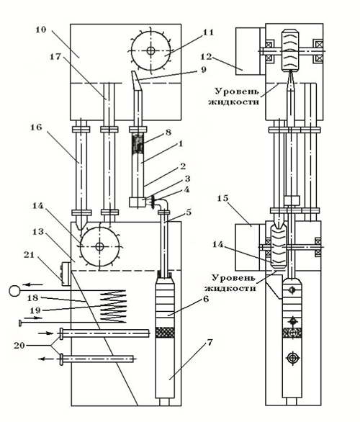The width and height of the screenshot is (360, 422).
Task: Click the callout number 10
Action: tap(41, 30)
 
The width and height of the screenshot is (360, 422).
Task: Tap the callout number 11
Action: tap(208, 32)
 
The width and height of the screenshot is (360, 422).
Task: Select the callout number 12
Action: tap(207, 57)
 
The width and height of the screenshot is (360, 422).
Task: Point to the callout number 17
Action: tap(56, 56)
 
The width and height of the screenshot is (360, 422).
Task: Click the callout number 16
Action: tap(36, 127)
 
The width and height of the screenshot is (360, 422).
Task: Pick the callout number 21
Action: tap(29, 254)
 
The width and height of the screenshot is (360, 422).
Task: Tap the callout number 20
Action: tap(19, 345)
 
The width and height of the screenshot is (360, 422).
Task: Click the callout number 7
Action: tap(210, 342)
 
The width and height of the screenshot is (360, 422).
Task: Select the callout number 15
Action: tap(222, 198)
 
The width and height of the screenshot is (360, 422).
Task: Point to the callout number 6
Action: tap(206, 299)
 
